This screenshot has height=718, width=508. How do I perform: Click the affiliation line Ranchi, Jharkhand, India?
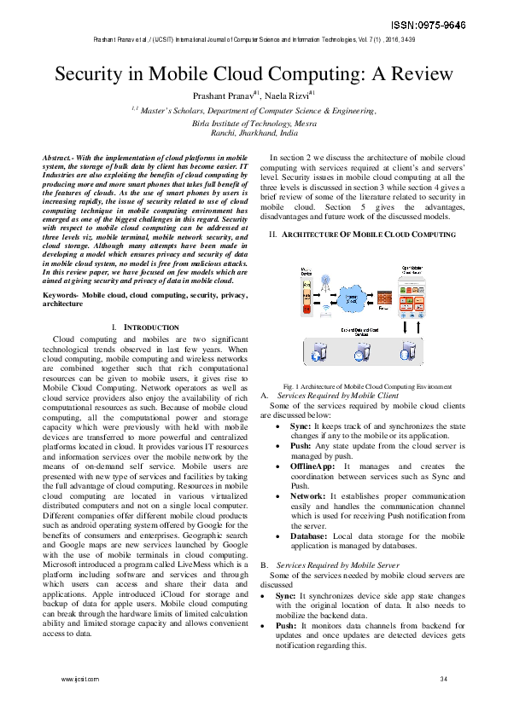point(254,133)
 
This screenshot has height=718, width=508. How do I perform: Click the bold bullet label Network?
point(307,495)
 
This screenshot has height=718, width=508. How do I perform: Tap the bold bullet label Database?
point(311,535)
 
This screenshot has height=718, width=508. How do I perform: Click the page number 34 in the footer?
point(443,679)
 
